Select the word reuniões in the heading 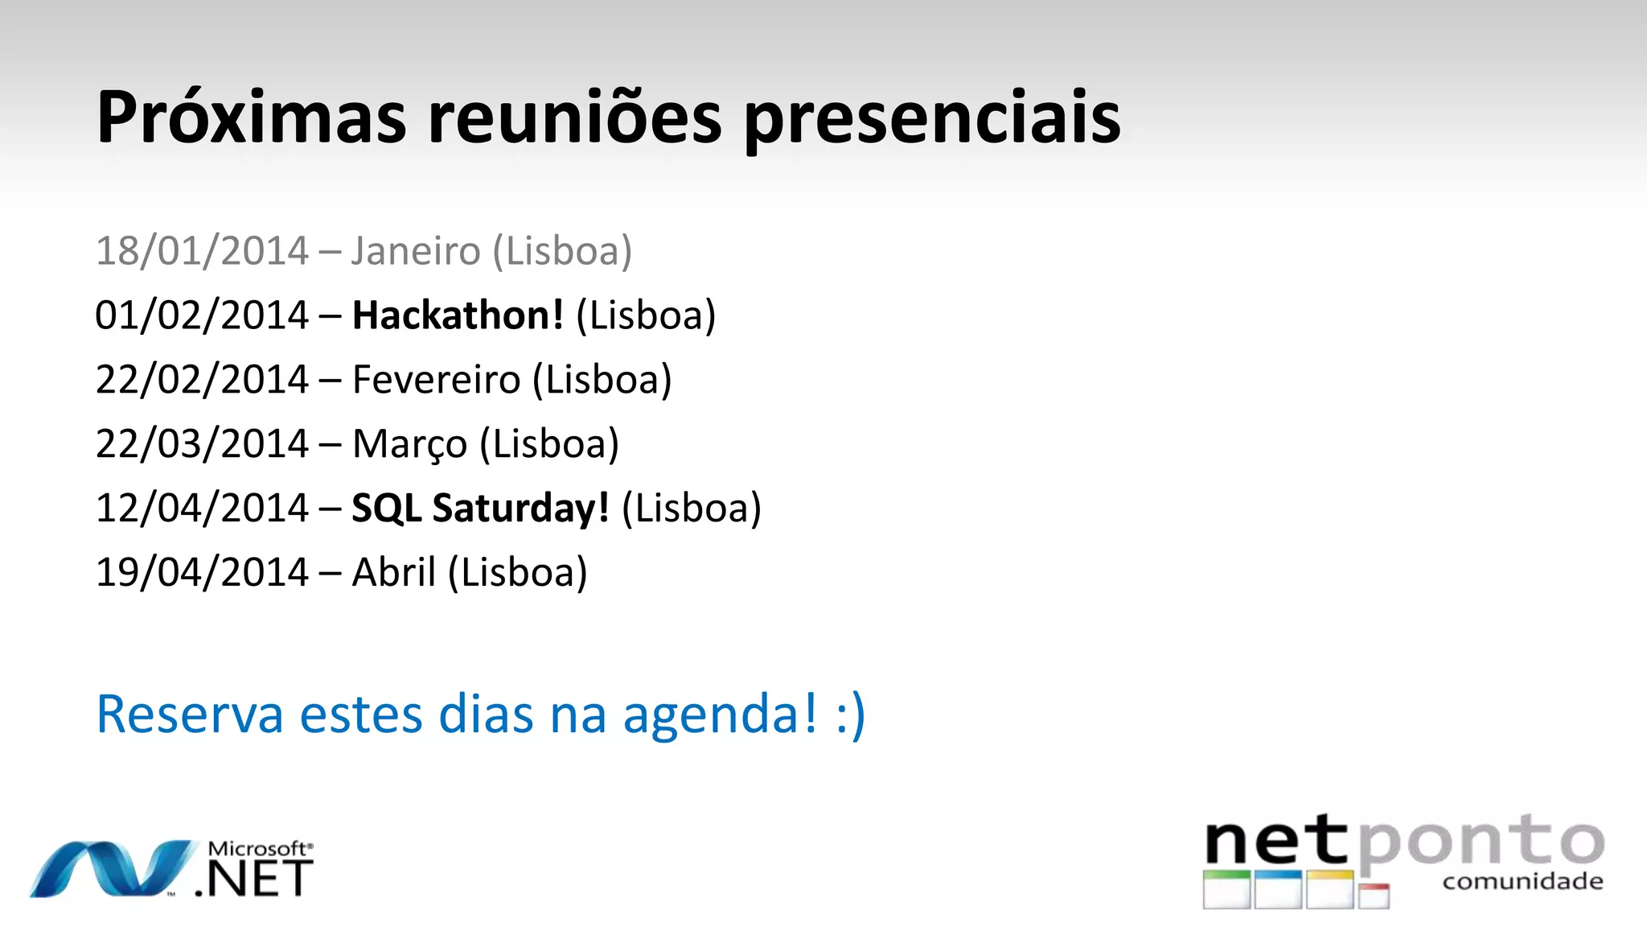pos(574,118)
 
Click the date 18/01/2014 pos(202,251)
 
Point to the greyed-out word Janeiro pos(416,251)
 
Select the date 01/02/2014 pos(202,315)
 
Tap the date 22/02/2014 pos(202,380)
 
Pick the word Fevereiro pos(437,380)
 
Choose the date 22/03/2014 pos(202,444)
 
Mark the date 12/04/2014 pos(202,509)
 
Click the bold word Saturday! pos(520,509)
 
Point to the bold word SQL pos(387,509)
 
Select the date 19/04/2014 pos(202,573)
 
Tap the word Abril pos(394,573)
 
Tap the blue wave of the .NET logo pos(113,869)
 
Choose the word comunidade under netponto pos(1522,882)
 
